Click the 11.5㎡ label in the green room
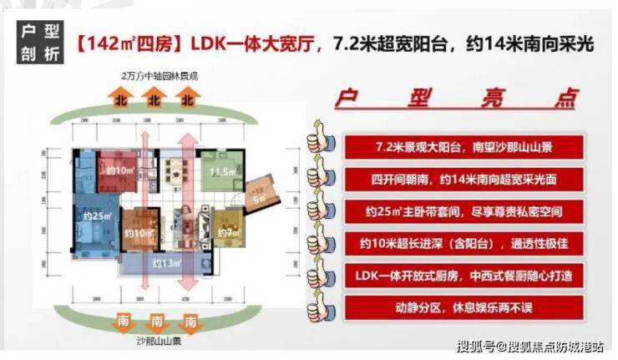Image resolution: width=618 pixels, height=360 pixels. pyautogui.click(x=221, y=172)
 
